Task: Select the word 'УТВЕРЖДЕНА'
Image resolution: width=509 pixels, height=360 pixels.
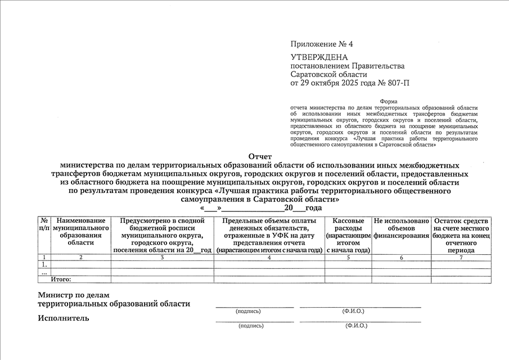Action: tap(319, 57)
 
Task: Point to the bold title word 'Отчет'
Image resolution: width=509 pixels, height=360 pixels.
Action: tap(260, 156)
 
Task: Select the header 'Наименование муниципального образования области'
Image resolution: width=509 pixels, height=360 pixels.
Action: tap(80, 232)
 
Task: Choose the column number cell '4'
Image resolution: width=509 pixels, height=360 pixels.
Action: tap(269, 257)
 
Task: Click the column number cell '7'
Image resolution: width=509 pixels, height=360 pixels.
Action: tap(461, 257)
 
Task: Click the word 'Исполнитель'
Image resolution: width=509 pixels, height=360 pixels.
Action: tap(64, 318)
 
